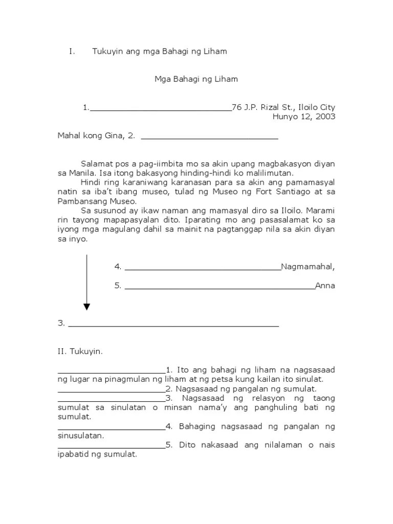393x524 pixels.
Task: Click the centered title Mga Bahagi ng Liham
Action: tap(196, 79)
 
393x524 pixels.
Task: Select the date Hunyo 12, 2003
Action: tap(304, 117)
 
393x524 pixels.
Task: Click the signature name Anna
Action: tap(325, 286)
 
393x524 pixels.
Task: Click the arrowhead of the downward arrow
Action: tap(86, 307)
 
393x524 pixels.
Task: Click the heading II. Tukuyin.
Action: tap(80, 352)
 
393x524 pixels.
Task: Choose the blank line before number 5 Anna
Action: tap(220, 288)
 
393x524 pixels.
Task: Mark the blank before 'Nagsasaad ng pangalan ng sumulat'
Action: tap(111, 391)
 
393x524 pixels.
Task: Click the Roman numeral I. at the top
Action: tap(72, 51)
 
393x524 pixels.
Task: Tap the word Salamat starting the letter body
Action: tap(97, 164)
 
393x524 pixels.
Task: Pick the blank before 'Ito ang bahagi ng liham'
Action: tap(111, 372)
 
